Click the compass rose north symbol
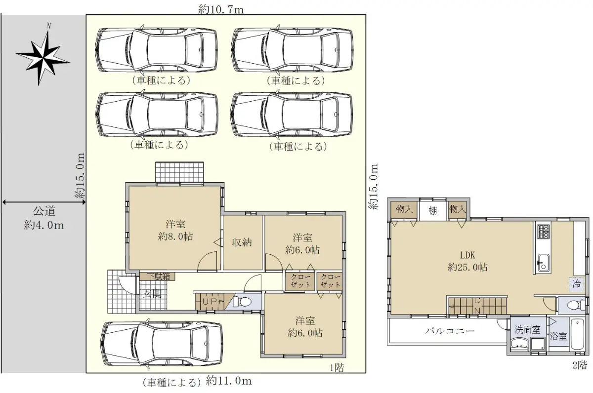[43, 55]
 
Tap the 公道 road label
[44, 212]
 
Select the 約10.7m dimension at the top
[221, 10]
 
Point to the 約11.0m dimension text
[229, 381]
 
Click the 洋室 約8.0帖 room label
[175, 231]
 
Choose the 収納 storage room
[243, 243]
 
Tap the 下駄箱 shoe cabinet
[157, 276]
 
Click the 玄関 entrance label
[153, 294]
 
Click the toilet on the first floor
[242, 302]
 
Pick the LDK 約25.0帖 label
[467, 261]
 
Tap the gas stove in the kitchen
[543, 231]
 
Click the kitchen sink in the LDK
[543, 263]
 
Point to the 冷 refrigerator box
[577, 284]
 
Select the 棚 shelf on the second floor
[432, 211]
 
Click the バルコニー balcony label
[450, 331]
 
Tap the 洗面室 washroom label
[527, 330]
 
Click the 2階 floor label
[580, 365]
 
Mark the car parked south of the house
[162, 344]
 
